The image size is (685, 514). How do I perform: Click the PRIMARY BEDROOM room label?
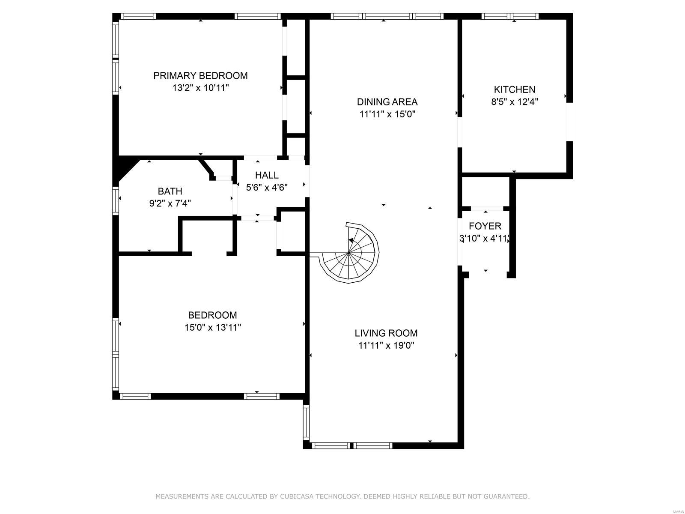click(x=200, y=75)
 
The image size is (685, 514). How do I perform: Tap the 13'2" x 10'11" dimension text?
click(x=201, y=88)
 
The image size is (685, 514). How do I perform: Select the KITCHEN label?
click(x=515, y=90)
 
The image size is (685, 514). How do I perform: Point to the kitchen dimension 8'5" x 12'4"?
click(x=515, y=102)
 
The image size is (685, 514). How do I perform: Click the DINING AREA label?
click(x=387, y=102)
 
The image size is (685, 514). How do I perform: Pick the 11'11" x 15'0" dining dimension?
click(x=387, y=114)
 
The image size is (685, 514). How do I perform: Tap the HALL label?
click(x=267, y=175)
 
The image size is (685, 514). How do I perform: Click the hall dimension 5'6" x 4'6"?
click(x=267, y=188)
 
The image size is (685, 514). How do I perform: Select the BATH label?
click(x=170, y=191)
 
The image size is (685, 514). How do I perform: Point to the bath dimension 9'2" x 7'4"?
click(x=170, y=203)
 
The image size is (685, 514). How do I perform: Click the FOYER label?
click(x=485, y=226)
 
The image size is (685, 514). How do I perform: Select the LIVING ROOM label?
click(x=386, y=333)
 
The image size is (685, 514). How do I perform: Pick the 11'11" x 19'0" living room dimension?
click(x=386, y=346)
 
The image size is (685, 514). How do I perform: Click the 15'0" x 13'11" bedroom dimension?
click(x=212, y=327)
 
